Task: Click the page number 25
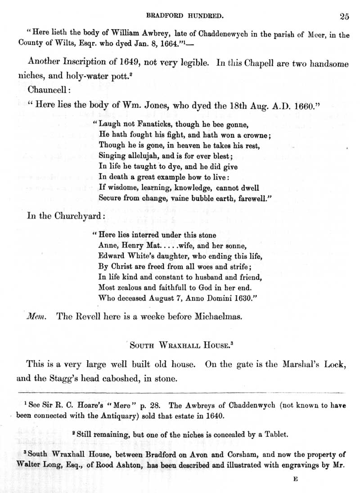click(344, 17)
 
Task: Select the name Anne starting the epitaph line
click(106, 246)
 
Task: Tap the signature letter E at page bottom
click(296, 480)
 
